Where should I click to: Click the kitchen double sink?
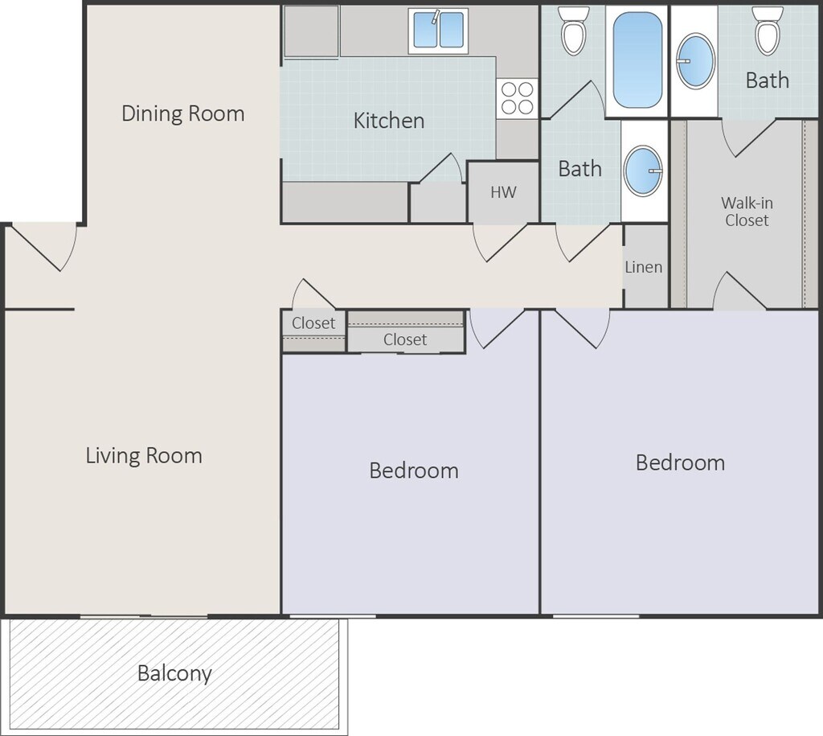(438, 31)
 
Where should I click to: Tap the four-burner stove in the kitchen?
(517, 98)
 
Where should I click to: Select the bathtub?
(637, 60)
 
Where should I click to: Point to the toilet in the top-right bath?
(768, 31)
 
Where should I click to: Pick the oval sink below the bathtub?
(643, 171)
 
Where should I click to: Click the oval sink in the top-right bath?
(695, 61)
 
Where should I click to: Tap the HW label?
(503, 192)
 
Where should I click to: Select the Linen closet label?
(644, 267)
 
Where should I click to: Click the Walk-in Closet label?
(747, 212)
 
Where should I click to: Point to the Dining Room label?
(182, 113)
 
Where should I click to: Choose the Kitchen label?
(389, 121)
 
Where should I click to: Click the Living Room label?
(144, 455)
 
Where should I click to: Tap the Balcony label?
(174, 673)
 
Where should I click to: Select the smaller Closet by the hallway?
(313, 331)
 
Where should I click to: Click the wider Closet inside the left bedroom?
(406, 331)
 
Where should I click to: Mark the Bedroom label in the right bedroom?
(680, 463)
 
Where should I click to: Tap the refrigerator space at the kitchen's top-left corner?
(311, 31)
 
